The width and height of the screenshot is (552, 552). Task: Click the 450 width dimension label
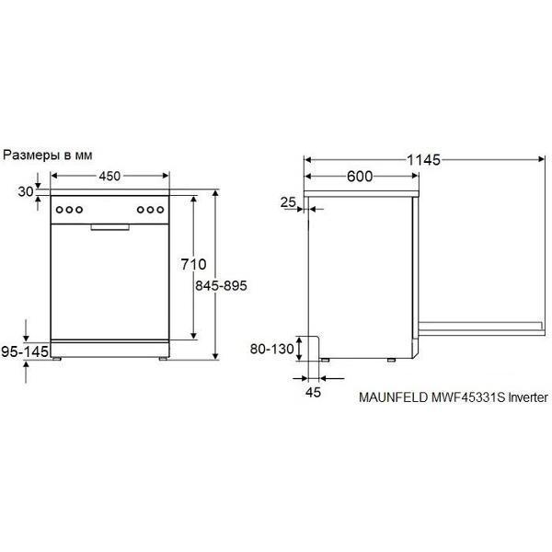(x=109, y=176)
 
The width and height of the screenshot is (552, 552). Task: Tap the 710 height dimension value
(x=193, y=264)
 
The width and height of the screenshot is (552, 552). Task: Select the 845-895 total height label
(x=221, y=285)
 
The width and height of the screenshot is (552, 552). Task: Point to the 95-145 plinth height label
(x=25, y=351)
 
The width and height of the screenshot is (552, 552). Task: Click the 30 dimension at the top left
(x=26, y=192)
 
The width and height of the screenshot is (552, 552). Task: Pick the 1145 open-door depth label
(x=423, y=160)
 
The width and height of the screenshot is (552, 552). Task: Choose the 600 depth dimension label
(x=360, y=177)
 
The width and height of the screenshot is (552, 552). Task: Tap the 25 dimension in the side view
(x=288, y=202)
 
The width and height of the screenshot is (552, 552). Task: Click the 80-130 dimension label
(x=271, y=349)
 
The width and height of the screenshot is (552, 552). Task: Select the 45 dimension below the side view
(x=313, y=392)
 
